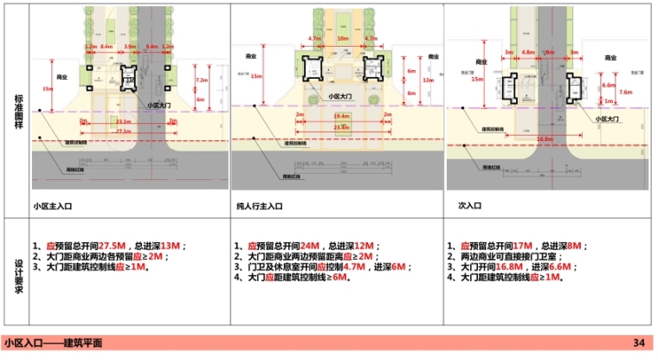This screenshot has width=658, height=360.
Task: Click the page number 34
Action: [x=638, y=344]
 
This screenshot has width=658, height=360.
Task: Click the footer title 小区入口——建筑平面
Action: [x=52, y=344]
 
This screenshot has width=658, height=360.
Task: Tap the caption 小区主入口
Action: [x=55, y=206]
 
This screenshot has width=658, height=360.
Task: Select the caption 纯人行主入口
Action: [x=262, y=206]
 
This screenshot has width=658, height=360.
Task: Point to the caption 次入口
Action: [x=468, y=206]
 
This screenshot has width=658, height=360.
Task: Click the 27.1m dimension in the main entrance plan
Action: [x=123, y=131]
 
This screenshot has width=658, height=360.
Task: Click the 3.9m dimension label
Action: [x=130, y=45]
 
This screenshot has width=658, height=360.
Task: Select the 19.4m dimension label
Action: [x=340, y=115]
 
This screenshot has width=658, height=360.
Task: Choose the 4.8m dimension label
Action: [x=528, y=52]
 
